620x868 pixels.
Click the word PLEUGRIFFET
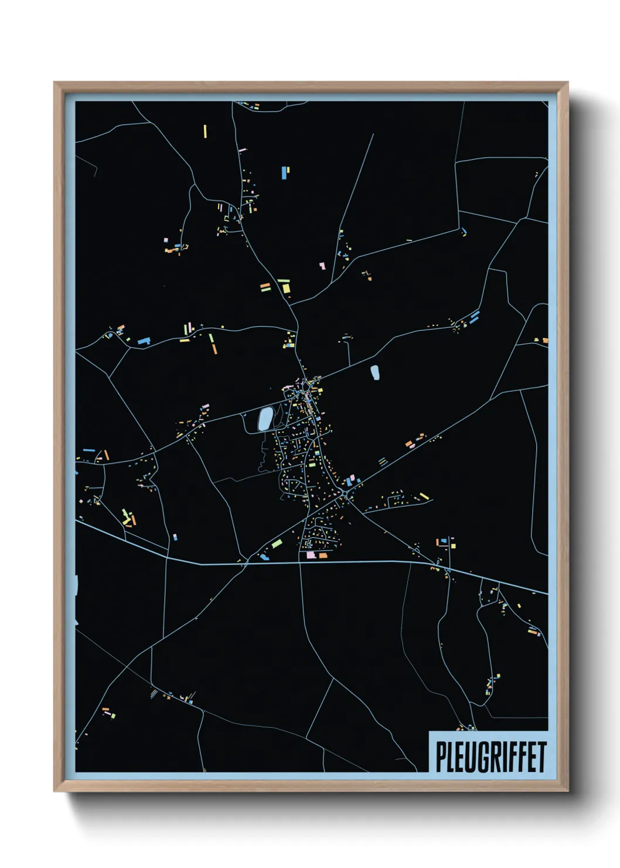[x=490, y=757]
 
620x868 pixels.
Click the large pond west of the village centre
[x=265, y=419]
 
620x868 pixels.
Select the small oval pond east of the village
[x=374, y=372]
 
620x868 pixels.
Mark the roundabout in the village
[x=345, y=496]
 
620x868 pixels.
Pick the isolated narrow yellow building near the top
[x=205, y=131]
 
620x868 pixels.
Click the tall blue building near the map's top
[x=285, y=172]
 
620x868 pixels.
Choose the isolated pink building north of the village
[x=322, y=266]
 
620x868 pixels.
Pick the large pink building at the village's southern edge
[x=311, y=554]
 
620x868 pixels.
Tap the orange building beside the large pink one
[x=323, y=554]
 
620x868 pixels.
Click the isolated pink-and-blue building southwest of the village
[x=175, y=537]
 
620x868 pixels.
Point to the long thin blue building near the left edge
[x=88, y=450]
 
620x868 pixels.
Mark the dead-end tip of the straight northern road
[x=373, y=134]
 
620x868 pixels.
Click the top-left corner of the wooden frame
[x=54, y=83]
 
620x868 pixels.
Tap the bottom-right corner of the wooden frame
[x=568, y=791]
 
